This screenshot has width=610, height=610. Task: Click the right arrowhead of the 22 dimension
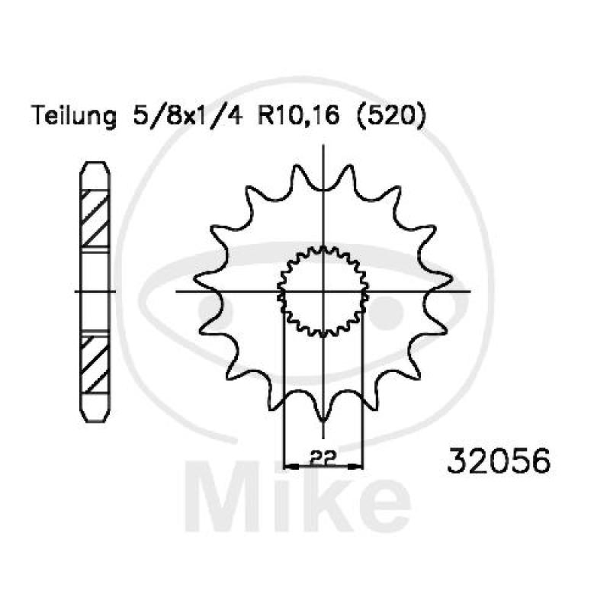click(x=358, y=464)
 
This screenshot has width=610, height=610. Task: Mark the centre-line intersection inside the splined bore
click(x=323, y=291)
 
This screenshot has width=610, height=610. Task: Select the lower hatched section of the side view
click(x=95, y=361)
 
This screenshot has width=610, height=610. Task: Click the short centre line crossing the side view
click(x=95, y=291)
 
